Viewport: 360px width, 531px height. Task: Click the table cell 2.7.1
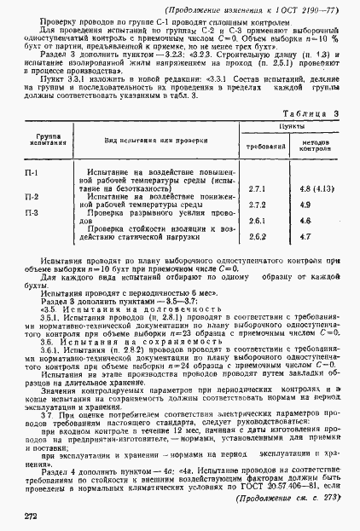point(257,188)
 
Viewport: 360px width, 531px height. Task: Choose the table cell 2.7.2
point(257,205)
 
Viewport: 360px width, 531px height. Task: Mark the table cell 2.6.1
point(257,221)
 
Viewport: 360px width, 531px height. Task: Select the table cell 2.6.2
point(257,237)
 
